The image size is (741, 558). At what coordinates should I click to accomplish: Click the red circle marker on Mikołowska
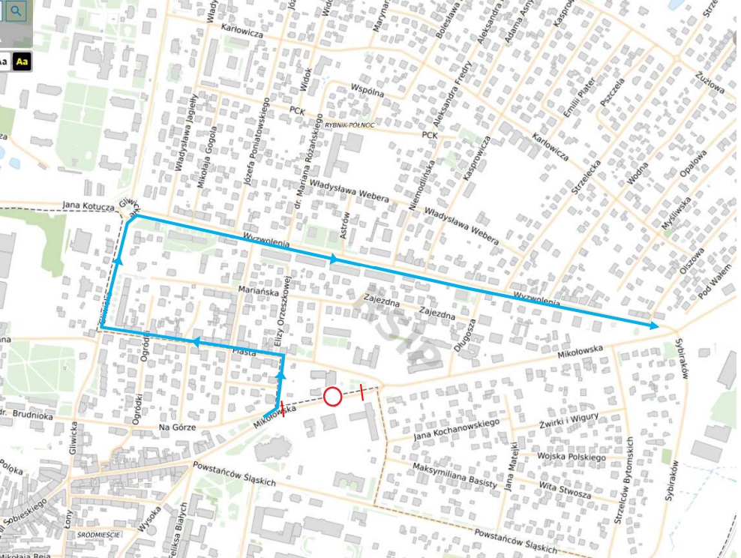click(333, 396)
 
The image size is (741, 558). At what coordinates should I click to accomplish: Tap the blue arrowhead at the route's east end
click(655, 325)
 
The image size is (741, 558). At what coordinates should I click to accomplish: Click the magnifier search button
click(16, 10)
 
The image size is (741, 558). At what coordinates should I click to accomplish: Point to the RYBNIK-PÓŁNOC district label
click(350, 124)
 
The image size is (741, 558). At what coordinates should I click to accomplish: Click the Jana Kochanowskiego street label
click(456, 429)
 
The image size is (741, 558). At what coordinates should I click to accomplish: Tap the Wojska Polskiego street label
click(571, 455)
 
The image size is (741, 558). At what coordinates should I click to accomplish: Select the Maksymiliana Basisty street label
click(454, 475)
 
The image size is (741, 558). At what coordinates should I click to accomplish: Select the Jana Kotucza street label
click(88, 205)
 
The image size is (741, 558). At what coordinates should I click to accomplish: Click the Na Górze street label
click(177, 427)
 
